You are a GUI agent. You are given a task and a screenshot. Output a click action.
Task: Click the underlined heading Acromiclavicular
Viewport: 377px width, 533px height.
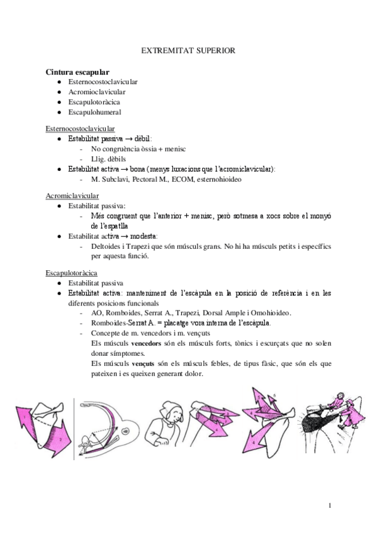(72, 195)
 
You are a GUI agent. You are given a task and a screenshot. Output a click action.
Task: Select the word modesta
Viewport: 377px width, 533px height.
(143, 236)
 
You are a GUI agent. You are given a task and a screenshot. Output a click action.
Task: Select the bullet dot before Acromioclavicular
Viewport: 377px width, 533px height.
(59, 92)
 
